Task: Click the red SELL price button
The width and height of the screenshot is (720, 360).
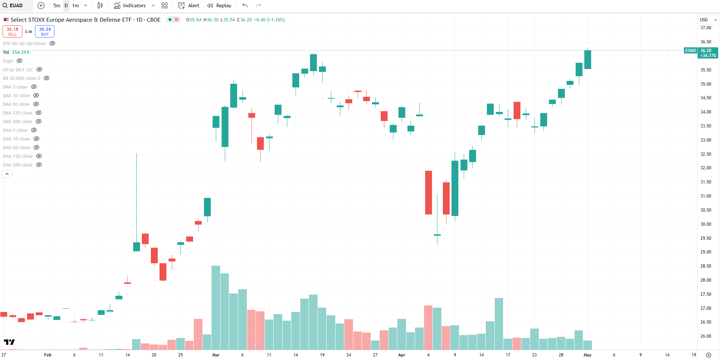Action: [x=12, y=31]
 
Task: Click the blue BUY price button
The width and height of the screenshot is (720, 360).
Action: [x=45, y=31]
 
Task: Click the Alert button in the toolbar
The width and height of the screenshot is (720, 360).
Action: [x=189, y=5]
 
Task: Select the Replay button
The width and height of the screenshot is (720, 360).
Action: [x=219, y=5]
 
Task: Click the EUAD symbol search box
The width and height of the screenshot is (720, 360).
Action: [x=16, y=5]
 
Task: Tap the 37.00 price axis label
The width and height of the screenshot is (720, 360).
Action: [x=706, y=28]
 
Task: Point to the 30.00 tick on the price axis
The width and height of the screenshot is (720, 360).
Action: [x=706, y=224]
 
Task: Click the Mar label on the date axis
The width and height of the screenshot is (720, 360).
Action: [x=216, y=355]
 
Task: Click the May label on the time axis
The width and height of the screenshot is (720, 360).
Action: [x=588, y=355]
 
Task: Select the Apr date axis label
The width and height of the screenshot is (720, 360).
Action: [x=402, y=355]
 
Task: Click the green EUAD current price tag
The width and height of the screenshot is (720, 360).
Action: [x=690, y=51]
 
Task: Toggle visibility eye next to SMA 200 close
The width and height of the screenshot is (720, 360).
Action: [x=39, y=122]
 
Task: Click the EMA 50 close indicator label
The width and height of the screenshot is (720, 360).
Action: [x=17, y=148]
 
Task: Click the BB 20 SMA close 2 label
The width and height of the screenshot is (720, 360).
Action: [x=22, y=78]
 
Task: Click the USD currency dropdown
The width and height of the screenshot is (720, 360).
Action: [x=708, y=20]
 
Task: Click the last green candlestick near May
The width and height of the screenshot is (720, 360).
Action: [x=588, y=60]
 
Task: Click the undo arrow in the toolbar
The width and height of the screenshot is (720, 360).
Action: [x=245, y=5]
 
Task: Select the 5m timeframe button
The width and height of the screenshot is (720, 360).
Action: [x=57, y=5]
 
